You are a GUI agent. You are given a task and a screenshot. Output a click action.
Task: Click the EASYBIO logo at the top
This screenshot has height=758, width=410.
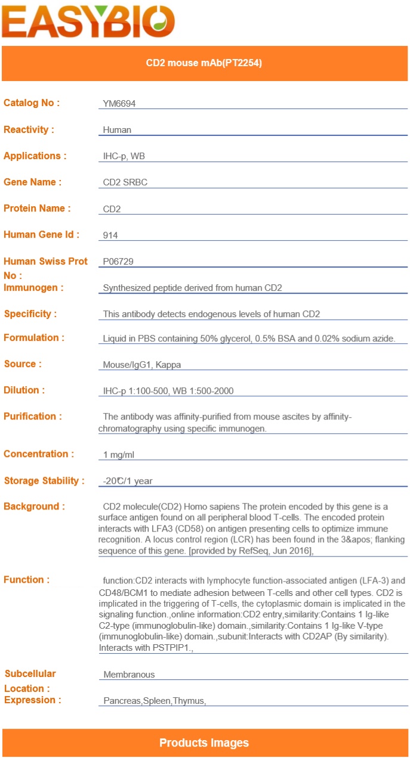tap(88, 21)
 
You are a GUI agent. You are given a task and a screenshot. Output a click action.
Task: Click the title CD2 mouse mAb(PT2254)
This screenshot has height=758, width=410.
tap(204, 63)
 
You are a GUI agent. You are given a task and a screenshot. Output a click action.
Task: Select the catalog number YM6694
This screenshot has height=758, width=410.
tap(119, 104)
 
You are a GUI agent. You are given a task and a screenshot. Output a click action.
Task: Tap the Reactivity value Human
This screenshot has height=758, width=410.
tap(117, 130)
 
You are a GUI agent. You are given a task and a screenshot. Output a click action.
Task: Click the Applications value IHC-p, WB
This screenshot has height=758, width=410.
tap(124, 156)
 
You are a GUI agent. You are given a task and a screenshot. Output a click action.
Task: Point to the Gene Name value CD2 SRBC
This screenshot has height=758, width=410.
tap(125, 182)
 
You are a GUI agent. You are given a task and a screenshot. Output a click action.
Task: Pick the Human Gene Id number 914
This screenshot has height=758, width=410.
tap(110, 235)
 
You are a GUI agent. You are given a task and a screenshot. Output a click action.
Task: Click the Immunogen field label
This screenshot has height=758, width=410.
tap(34, 288)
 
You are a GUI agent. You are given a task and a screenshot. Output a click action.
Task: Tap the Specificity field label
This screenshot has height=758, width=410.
tap(30, 314)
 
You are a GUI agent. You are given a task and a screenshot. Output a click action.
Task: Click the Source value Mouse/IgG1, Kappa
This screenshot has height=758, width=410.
tap(142, 365)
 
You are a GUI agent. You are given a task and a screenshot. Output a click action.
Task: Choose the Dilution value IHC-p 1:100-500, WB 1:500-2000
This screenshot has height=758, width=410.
tap(168, 391)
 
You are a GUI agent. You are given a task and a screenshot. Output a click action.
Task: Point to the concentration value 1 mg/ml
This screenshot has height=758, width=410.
tap(119, 455)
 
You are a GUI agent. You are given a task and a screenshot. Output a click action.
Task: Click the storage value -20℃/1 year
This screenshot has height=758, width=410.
tap(128, 481)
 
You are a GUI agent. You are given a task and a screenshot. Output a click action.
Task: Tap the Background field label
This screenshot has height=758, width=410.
tap(34, 507)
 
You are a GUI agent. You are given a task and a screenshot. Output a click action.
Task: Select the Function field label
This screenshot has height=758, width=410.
tap(26, 580)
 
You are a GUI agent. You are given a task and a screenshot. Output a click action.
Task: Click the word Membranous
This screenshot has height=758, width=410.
tap(129, 675)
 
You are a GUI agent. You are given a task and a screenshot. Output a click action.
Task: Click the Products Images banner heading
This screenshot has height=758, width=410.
tap(204, 743)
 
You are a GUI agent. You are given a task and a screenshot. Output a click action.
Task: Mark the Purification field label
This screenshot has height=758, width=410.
tap(32, 417)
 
